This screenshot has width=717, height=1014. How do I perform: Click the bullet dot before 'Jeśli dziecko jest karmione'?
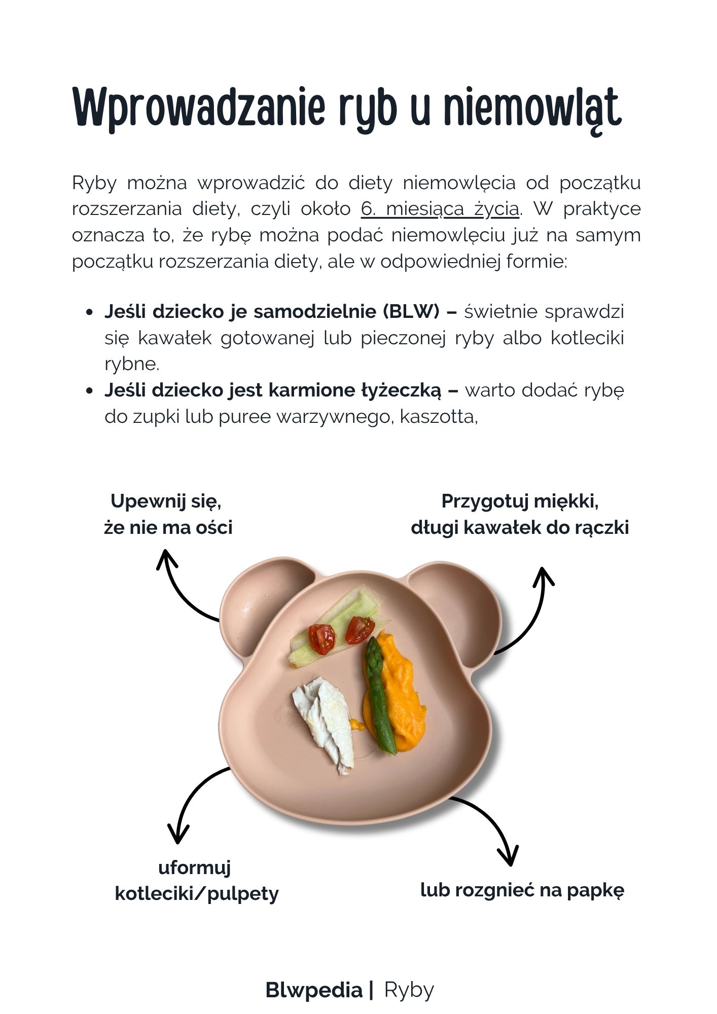(90, 391)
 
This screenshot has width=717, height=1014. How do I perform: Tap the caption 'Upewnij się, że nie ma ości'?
(168, 514)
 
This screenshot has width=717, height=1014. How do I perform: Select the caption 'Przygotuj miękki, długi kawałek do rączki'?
(520, 514)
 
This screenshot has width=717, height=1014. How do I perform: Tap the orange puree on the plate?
(401, 695)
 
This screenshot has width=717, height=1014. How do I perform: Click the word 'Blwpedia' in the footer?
(314, 990)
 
